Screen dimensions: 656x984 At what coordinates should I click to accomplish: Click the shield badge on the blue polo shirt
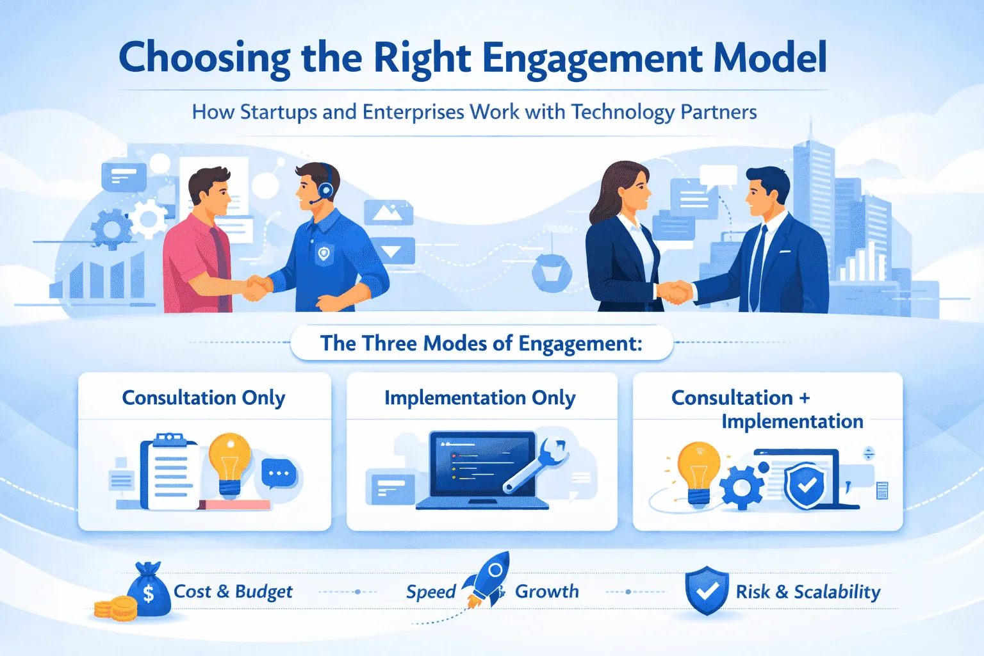tap(324, 254)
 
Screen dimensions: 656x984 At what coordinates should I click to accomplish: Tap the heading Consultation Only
tap(204, 398)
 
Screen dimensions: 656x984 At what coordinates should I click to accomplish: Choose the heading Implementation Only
tap(480, 398)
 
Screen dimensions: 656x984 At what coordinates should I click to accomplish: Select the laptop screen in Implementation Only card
tap(482, 464)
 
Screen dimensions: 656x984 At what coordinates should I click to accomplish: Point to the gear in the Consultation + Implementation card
tap(743, 487)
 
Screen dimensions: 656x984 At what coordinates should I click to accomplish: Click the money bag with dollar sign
tap(148, 591)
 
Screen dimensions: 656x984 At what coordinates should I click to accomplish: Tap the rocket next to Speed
tap(488, 580)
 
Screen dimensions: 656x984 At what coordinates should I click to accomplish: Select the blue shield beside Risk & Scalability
tap(707, 590)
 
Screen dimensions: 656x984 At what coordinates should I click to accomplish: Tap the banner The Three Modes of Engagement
tap(481, 343)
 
